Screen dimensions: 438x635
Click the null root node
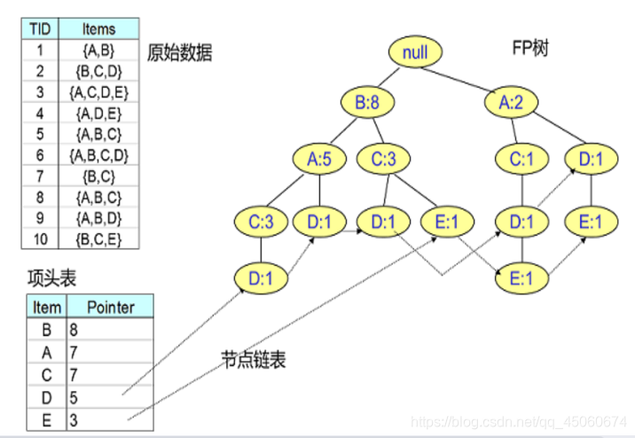(x=414, y=52)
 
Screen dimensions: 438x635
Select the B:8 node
(x=367, y=104)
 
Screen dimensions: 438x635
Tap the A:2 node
(x=510, y=104)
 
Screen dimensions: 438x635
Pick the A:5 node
(x=319, y=160)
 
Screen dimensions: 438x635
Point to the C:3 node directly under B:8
(x=383, y=160)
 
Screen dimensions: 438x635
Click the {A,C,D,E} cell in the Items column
(x=98, y=91)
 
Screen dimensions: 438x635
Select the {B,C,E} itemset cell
(x=98, y=239)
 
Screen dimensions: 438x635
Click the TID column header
(x=39, y=29)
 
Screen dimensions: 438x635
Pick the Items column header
(x=98, y=29)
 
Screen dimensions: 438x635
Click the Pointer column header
(x=111, y=308)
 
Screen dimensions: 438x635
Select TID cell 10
(x=39, y=239)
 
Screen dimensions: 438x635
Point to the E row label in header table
(x=46, y=417)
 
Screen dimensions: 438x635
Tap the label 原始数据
(x=180, y=53)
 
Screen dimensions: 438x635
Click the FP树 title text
(x=530, y=47)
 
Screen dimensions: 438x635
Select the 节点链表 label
(x=254, y=360)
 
